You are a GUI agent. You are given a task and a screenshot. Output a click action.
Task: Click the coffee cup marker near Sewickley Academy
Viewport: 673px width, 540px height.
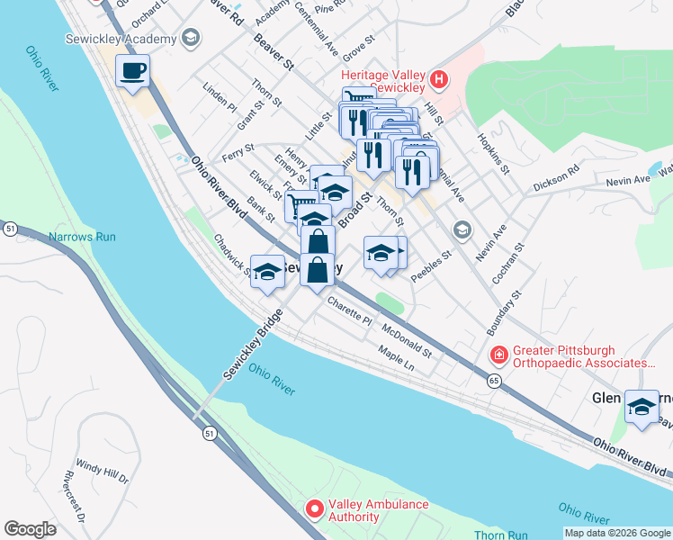point(132,71)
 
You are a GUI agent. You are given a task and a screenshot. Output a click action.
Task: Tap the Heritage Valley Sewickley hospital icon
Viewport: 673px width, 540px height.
point(439,80)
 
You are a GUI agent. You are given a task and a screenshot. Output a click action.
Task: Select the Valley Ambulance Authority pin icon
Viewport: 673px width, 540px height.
point(314,509)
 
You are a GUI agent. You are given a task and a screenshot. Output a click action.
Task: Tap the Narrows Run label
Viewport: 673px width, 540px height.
point(83,237)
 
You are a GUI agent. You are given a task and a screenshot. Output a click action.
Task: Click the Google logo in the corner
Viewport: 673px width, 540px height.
point(30,529)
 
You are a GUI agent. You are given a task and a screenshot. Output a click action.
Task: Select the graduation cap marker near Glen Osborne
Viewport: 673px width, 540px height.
point(642,406)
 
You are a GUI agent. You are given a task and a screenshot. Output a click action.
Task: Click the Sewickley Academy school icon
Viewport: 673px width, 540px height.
point(190,38)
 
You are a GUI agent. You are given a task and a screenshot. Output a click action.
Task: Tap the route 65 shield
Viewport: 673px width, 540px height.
point(494,381)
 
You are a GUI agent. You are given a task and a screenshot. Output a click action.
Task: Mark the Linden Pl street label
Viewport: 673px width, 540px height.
point(220,97)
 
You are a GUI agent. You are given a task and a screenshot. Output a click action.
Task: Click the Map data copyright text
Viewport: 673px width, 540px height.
point(617,533)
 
